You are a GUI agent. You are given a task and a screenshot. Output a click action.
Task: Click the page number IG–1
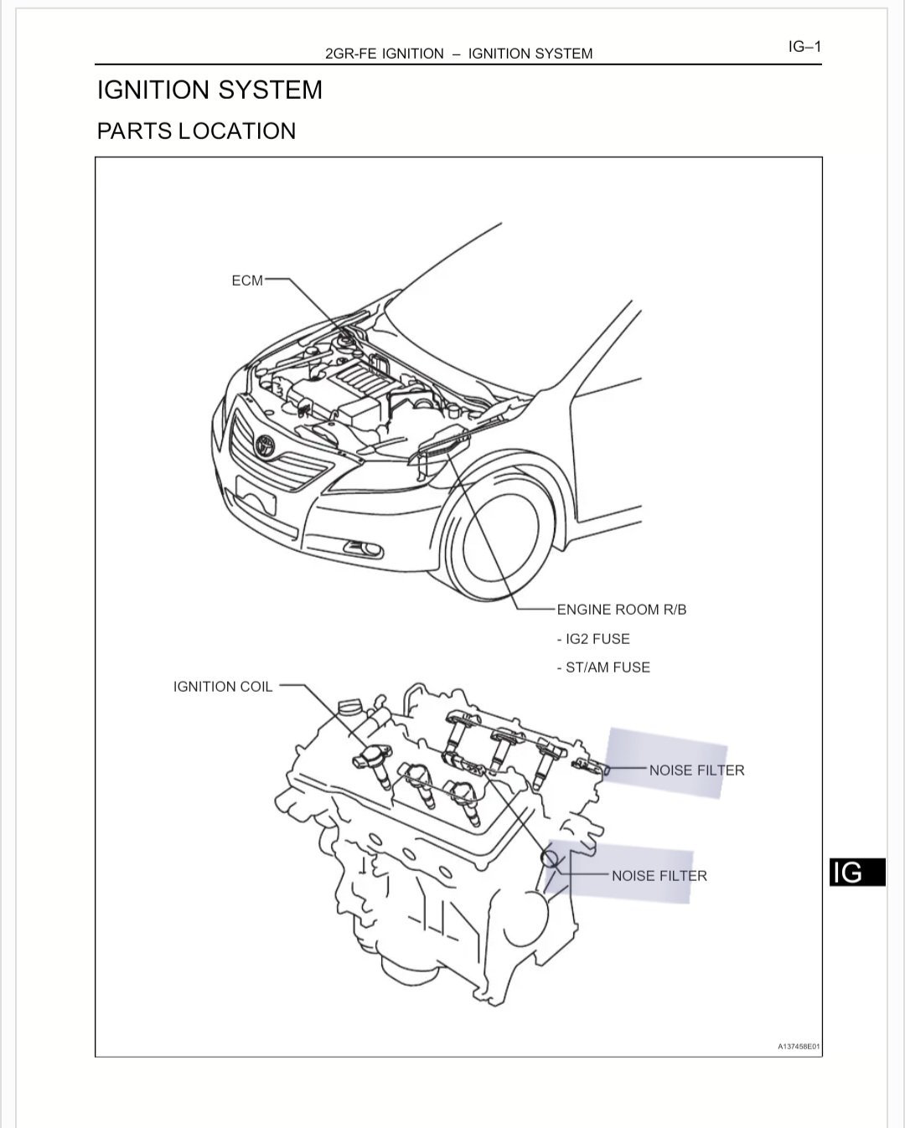tap(804, 47)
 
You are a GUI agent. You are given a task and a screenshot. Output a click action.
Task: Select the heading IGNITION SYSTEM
tap(209, 90)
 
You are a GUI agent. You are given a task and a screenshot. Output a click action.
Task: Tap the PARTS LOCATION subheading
tap(196, 131)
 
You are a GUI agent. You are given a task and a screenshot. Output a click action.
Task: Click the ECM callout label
tap(247, 281)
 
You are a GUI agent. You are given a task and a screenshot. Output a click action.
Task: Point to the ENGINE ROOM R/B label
tap(622, 610)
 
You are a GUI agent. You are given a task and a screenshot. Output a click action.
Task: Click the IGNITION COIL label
tap(223, 687)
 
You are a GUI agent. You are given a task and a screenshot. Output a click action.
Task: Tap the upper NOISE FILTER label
tap(696, 770)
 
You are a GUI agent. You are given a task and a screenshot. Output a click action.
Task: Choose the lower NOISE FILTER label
tap(659, 876)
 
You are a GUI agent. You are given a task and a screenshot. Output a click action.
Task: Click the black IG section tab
tap(857, 873)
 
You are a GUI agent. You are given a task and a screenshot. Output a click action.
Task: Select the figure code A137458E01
tap(799, 1047)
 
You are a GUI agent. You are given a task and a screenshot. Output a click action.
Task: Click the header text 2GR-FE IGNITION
tap(385, 54)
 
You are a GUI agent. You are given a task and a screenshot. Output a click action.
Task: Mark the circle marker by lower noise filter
tap(550, 858)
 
